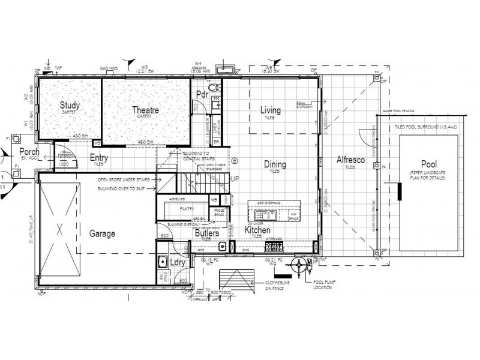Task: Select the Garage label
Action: pos(102,233)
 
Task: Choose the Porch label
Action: pos(29,152)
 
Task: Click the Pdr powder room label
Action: pos(202,95)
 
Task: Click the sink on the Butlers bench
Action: pos(222,245)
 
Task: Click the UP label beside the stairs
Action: pos(235,179)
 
